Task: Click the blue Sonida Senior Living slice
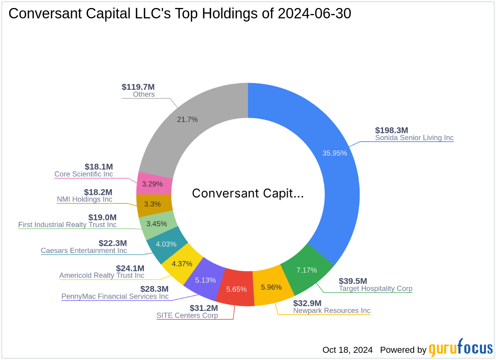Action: pos(335,168)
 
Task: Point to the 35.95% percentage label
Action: pos(334,153)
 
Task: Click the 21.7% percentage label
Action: pos(187,119)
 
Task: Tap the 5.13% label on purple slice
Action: pos(206,280)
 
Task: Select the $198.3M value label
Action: pos(391,130)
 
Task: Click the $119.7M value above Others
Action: pos(138,87)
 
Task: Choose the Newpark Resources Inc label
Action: pos(331,311)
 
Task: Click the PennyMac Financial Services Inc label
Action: pos(115,297)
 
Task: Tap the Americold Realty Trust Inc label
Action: pos(102,275)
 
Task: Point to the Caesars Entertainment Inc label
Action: pos(84,251)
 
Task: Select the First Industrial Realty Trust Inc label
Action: pos(67,225)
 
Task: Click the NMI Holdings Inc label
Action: pos(84,199)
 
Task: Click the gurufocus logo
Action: pos(460,348)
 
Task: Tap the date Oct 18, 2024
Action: pos(347,350)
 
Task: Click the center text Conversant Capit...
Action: pos(248,193)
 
